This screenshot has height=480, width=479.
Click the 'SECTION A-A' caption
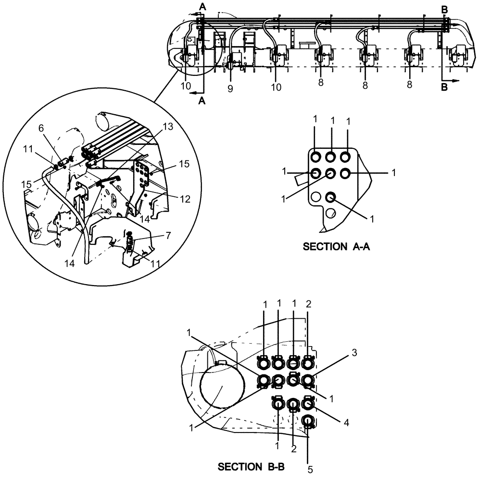coord(338,247)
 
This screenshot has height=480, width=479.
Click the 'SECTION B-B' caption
coord(253,466)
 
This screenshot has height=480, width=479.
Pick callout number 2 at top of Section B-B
coord(308,304)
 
